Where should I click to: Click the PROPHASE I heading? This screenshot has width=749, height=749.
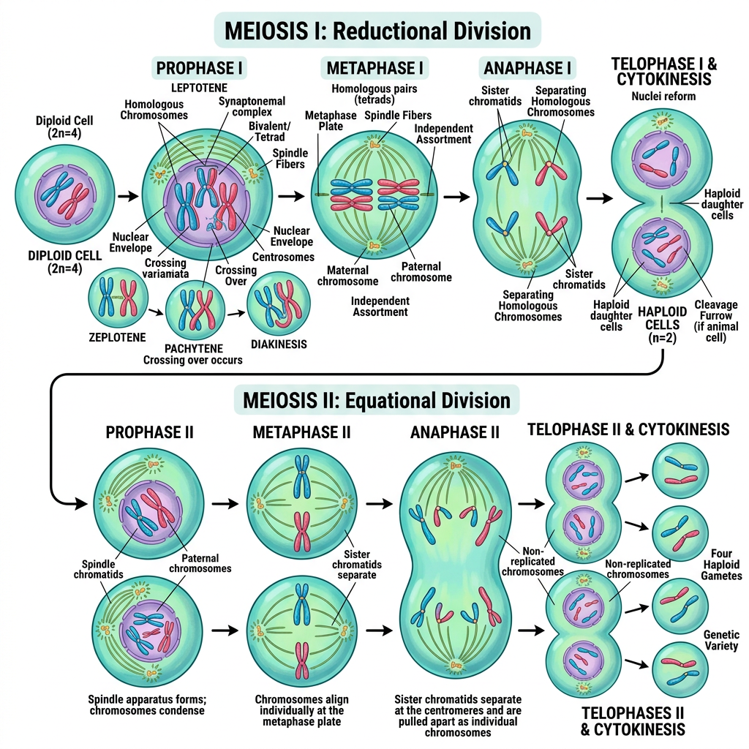coord(199,68)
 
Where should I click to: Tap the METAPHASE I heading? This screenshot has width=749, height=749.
coord(374,68)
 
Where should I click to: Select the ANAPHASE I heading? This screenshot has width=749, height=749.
coord(527,68)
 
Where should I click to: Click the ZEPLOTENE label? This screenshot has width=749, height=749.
coord(117,337)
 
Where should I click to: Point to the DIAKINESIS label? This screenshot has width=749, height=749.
coord(279,344)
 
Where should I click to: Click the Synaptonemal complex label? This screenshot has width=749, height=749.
coord(252,107)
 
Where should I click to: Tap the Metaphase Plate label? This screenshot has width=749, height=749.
coord(331,121)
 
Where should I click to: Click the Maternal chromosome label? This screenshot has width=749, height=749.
coord(347,276)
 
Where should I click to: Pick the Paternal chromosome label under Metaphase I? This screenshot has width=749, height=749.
coord(421,272)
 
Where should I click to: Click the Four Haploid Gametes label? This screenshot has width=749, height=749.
coord(721,564)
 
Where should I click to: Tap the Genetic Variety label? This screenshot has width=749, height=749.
coord(721,640)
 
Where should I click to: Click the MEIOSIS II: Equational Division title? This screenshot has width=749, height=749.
coord(377,400)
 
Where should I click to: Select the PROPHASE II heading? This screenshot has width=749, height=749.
coord(149,432)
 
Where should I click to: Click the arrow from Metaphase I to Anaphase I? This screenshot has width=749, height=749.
coord(456,196)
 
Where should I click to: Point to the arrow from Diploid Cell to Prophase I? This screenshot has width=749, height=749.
coord(128,196)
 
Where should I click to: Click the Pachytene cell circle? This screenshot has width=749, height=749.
coord(195,310)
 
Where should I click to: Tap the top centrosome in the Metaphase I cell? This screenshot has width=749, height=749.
coord(374,143)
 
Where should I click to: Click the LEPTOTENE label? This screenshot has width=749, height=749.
coord(199,88)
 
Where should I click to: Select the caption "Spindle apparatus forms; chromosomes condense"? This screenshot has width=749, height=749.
coord(147,705)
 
